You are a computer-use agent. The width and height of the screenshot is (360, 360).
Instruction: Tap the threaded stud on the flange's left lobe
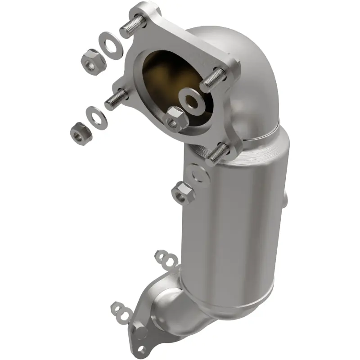(x=116, y=99)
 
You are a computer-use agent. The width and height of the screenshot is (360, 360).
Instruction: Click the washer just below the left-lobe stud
(x=95, y=117)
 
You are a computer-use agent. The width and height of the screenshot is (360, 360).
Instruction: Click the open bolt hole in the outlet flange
(x=142, y=349)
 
